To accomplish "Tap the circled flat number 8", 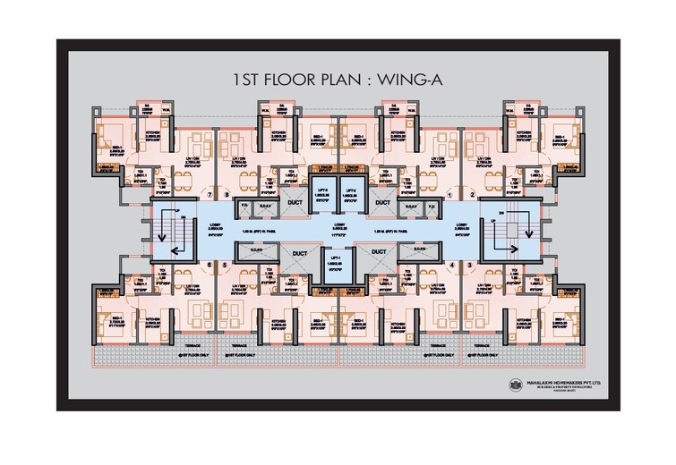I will tap(227, 193).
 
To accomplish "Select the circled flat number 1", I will tap(449, 193).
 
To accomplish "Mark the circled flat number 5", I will tap(227, 265).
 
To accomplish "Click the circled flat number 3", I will tap(470, 265).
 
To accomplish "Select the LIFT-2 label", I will tap(352, 190).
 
